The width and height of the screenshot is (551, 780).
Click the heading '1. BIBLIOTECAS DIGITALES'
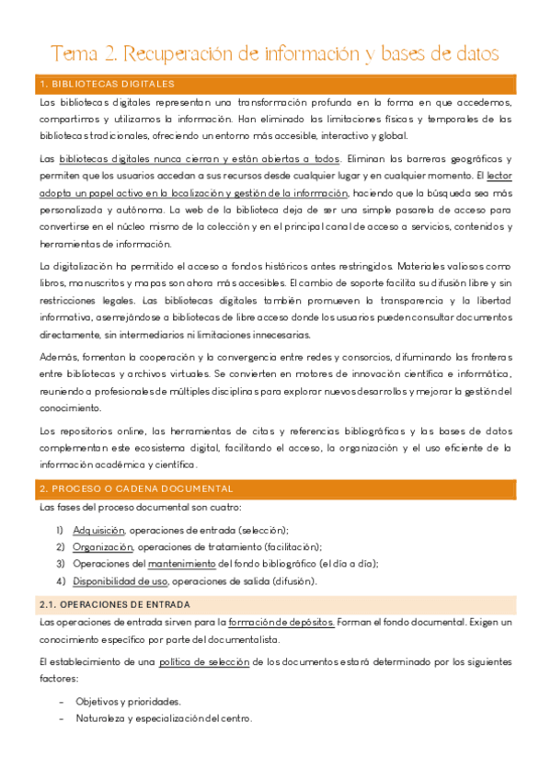click(x=108, y=84)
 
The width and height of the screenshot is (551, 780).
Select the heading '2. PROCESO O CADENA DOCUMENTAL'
click(x=136, y=488)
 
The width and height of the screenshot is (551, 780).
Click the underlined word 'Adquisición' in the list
click(x=99, y=530)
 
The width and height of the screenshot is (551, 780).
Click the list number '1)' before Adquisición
click(x=60, y=530)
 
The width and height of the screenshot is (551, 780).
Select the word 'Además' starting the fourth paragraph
click(x=57, y=357)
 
